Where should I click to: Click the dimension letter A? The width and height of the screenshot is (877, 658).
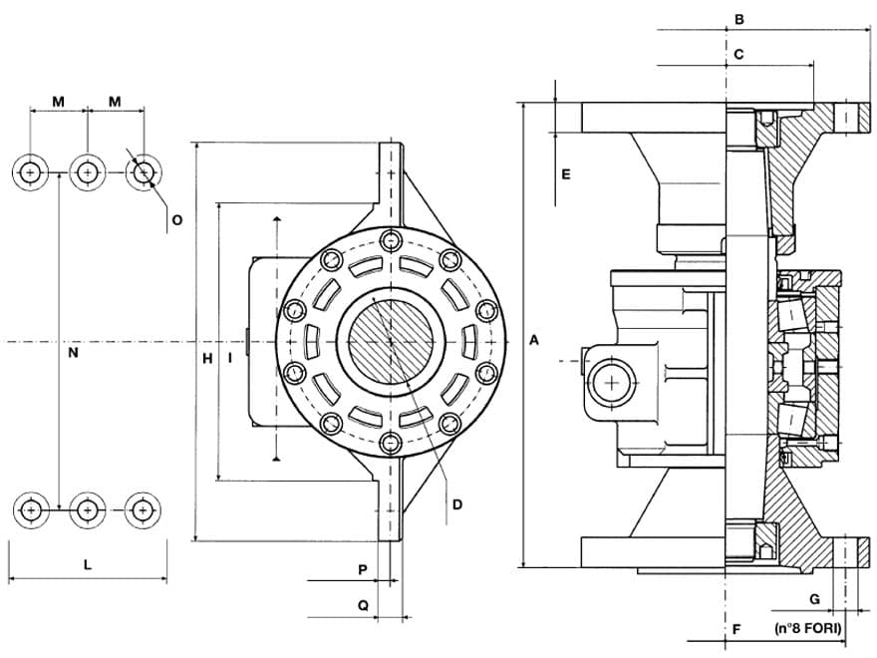point(534,341)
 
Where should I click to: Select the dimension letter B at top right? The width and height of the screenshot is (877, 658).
point(738,19)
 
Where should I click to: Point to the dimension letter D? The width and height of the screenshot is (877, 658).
point(456,504)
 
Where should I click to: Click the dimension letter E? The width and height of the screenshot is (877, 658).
point(565,174)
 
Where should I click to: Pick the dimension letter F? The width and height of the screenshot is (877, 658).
point(736,629)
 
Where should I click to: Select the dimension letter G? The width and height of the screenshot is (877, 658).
point(814,599)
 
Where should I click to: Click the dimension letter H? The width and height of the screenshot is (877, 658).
point(207,357)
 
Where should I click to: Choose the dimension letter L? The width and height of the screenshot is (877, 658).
point(88,565)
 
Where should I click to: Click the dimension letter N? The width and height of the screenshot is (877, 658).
point(73,353)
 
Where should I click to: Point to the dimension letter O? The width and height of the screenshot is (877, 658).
point(176,219)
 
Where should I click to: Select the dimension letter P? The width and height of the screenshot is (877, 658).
point(363,569)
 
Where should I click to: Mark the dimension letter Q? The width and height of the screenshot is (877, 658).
point(363,604)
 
